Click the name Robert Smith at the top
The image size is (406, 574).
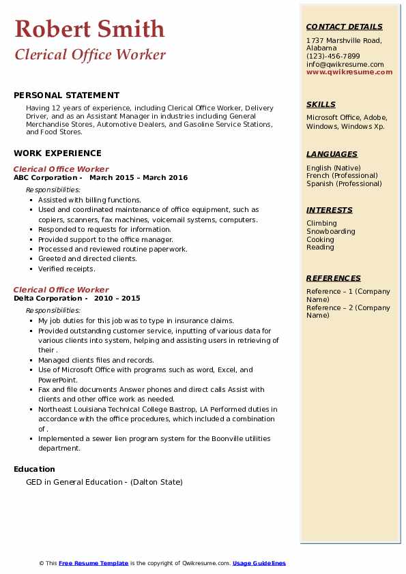pyautogui.click(x=89, y=29)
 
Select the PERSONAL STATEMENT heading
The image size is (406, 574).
pyautogui.click(x=66, y=95)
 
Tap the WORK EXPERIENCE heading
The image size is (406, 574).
pyautogui.click(x=57, y=153)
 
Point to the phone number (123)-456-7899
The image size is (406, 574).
pyautogui.click(x=333, y=57)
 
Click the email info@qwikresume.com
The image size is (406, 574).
pyautogui.click(x=345, y=65)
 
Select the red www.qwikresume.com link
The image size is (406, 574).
pyautogui.click(x=349, y=72)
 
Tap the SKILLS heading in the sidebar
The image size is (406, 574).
pyautogui.click(x=321, y=105)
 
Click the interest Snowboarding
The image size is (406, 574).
pyautogui.click(x=331, y=232)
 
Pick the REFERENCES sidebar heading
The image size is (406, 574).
pyautogui.click(x=334, y=278)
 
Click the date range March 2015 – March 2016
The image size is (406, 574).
pyautogui.click(x=139, y=178)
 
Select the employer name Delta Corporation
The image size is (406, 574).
pyautogui.click(x=48, y=299)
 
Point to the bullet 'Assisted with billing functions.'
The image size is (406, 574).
pyautogui.click(x=89, y=200)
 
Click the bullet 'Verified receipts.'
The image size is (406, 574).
pyautogui.click(x=67, y=269)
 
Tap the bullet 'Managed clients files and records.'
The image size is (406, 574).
pyautogui.click(x=96, y=360)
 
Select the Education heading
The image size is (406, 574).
pyautogui.click(x=34, y=469)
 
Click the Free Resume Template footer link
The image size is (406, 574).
pyautogui.click(x=93, y=564)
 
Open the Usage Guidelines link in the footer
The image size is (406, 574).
pyautogui.click(x=259, y=564)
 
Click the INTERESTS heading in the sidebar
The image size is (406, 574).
pyautogui.click(x=330, y=211)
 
